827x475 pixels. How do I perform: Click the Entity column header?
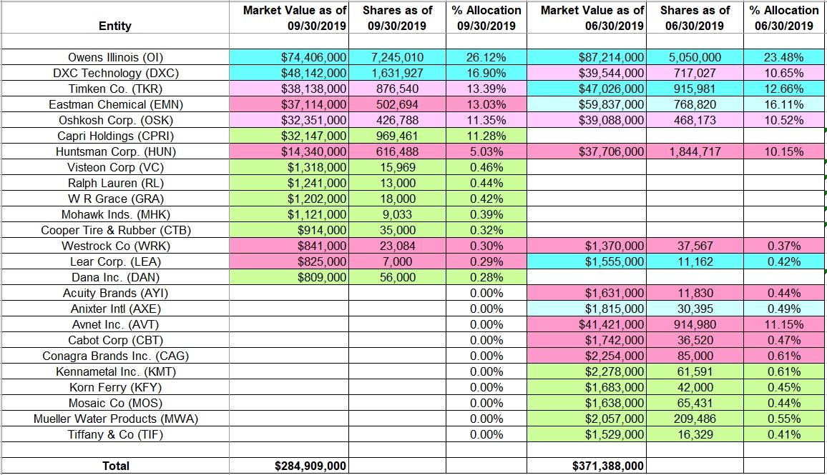[x=115, y=26]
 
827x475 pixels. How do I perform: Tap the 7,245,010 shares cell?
[x=397, y=57]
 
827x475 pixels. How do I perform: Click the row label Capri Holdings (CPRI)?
[x=115, y=136]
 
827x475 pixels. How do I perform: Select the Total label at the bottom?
[x=115, y=466]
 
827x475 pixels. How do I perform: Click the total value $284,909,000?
[x=311, y=466]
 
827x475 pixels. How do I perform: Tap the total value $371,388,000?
[x=609, y=466]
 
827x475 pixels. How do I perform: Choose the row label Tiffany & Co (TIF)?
[x=115, y=434]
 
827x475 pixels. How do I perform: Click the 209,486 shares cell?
[x=695, y=419]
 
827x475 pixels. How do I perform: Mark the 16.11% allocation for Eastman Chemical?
[x=784, y=104]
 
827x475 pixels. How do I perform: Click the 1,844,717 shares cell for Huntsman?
[x=695, y=151]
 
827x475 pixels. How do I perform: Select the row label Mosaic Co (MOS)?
[x=115, y=403]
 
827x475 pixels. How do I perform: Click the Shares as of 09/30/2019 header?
[x=397, y=18]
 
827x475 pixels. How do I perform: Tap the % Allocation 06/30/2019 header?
[x=784, y=18]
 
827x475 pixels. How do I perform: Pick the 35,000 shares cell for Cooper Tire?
[x=397, y=230]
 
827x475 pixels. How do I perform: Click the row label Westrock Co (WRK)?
[x=115, y=246]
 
